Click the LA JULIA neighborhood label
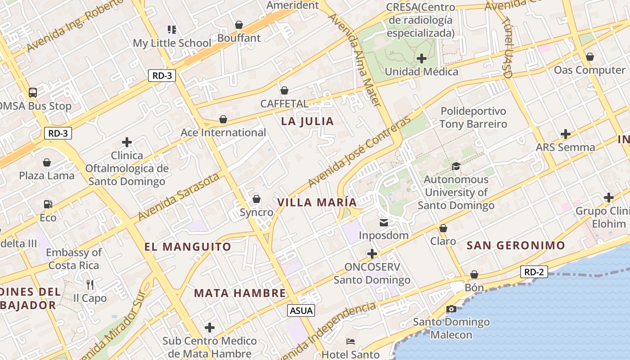click(x=307, y=121)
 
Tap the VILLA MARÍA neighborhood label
click(x=317, y=202)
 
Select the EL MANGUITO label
click(x=188, y=247)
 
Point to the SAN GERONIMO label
click(x=516, y=245)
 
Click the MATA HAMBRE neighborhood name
click(x=240, y=293)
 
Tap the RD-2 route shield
click(x=534, y=272)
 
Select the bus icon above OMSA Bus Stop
click(x=33, y=93)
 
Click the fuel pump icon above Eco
click(x=48, y=204)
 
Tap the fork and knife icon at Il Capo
click(x=90, y=284)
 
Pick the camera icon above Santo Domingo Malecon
click(x=451, y=309)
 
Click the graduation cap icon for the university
click(x=456, y=166)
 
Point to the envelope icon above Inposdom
click(x=383, y=222)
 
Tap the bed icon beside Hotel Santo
click(x=351, y=342)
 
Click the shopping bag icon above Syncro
click(x=256, y=198)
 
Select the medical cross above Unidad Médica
click(x=422, y=58)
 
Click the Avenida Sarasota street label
click(x=179, y=197)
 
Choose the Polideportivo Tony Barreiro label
click(x=473, y=117)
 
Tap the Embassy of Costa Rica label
click(x=74, y=259)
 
